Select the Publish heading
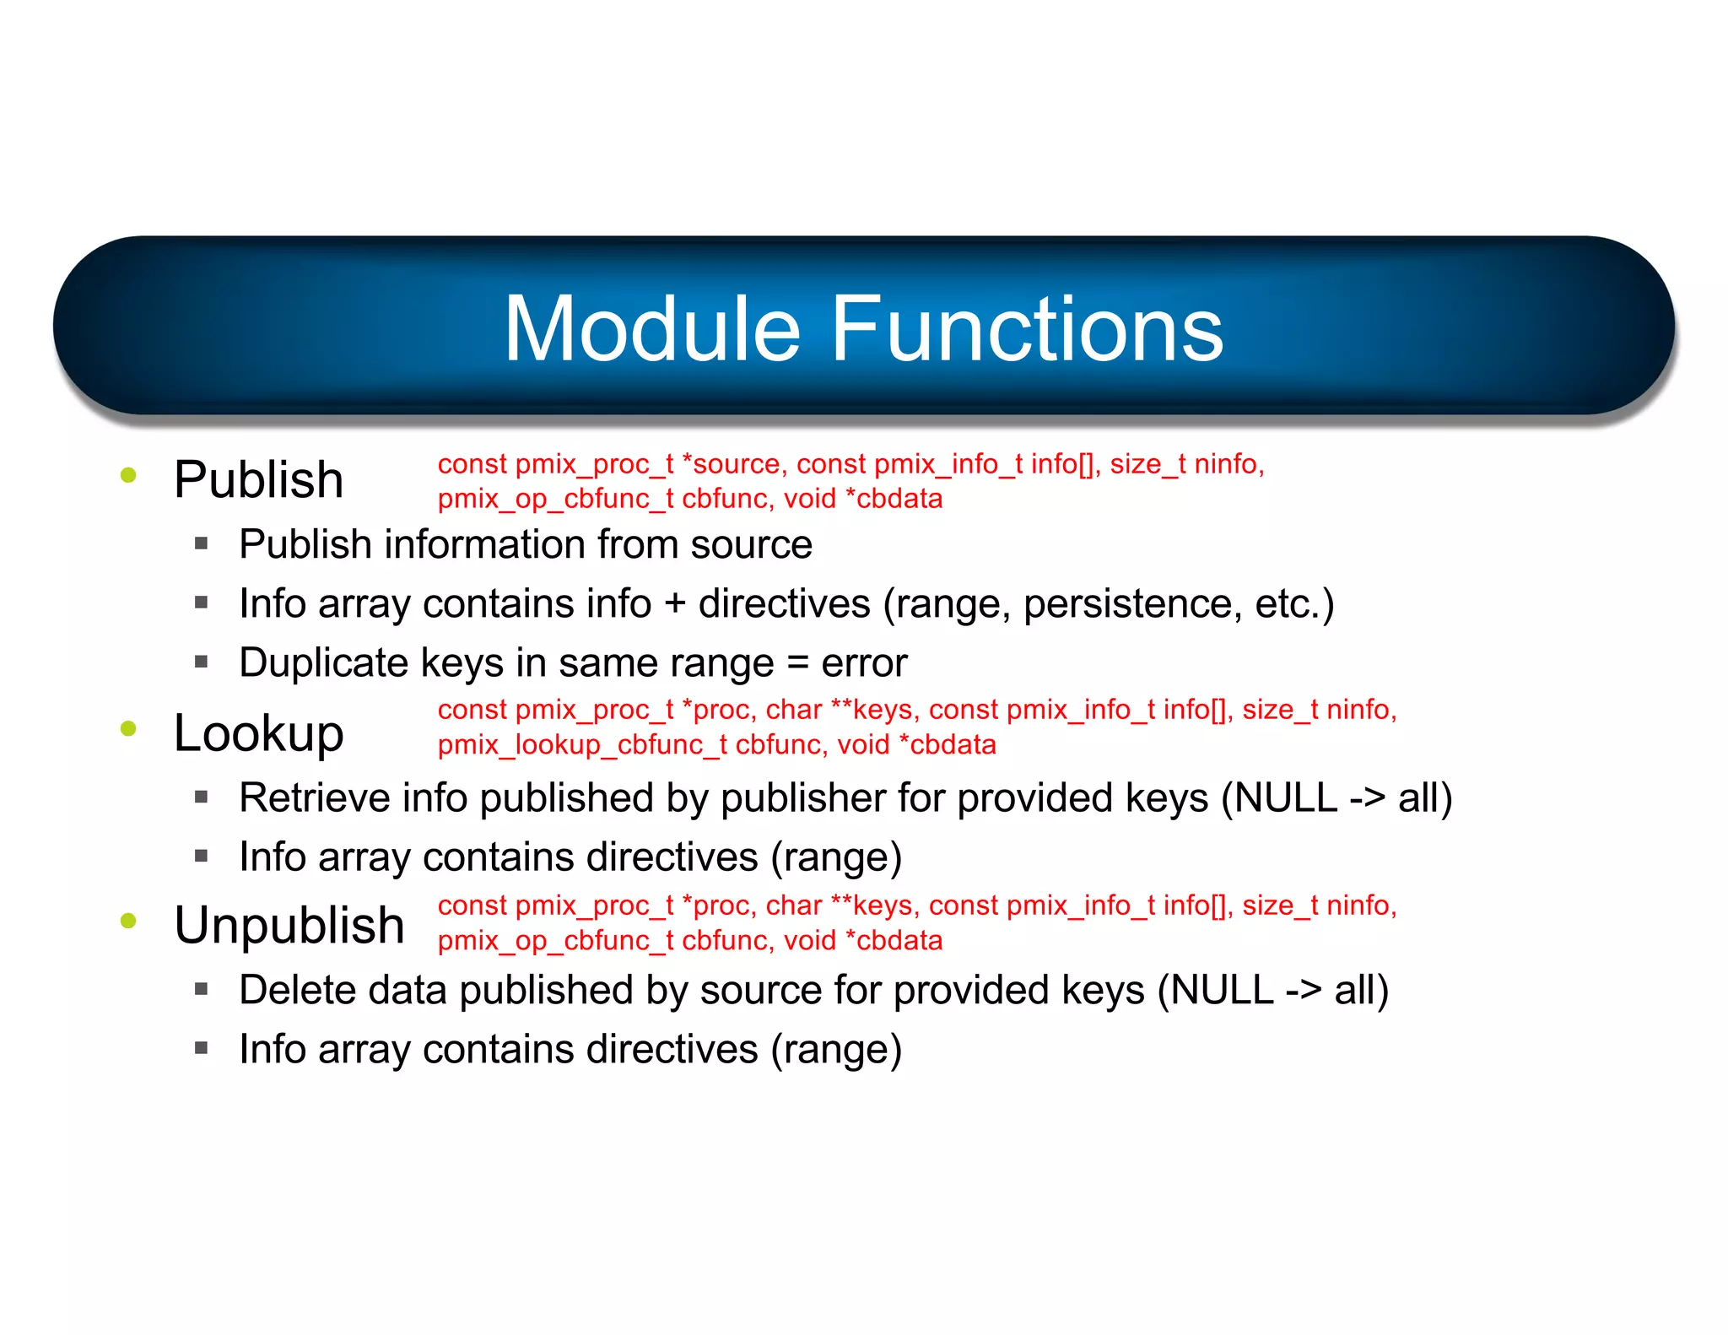(x=258, y=480)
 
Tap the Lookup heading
(x=258, y=732)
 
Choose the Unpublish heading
(x=289, y=925)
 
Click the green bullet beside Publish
(x=128, y=475)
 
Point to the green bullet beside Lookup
(x=128, y=728)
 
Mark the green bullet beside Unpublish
(x=128, y=921)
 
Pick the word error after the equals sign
(x=864, y=663)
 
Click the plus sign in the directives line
(x=674, y=604)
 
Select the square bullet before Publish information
(x=201, y=544)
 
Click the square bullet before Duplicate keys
(x=201, y=662)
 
